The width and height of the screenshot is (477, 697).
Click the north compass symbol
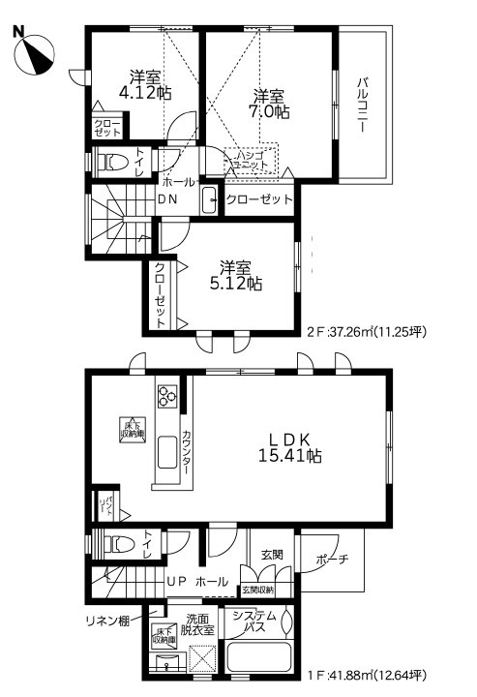pos(37,52)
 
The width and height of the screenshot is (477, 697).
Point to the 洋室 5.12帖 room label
pos(237,275)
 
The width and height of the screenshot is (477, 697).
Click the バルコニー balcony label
pos(363,106)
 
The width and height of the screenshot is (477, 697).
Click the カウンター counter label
pos(186,453)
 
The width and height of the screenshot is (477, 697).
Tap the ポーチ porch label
pos(331,561)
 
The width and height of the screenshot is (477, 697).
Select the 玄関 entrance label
pos(272,555)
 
